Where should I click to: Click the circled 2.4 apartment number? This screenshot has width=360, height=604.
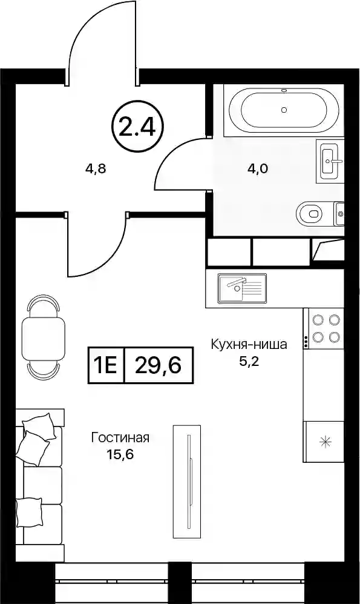coord(138,127)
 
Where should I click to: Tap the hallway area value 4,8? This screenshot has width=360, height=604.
coord(96,168)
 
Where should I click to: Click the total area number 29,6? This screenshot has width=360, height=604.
coord(158,365)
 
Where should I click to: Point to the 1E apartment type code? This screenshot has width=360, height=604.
coord(106,365)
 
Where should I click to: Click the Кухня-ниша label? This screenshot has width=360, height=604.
coord(249,344)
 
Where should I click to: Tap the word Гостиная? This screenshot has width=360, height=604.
coord(120,438)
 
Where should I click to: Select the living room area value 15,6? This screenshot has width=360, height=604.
coord(120,455)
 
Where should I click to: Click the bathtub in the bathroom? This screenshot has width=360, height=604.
coord(284,110)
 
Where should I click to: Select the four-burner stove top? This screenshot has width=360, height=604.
coord(324,328)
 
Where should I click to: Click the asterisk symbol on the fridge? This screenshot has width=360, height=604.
coord(326,442)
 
